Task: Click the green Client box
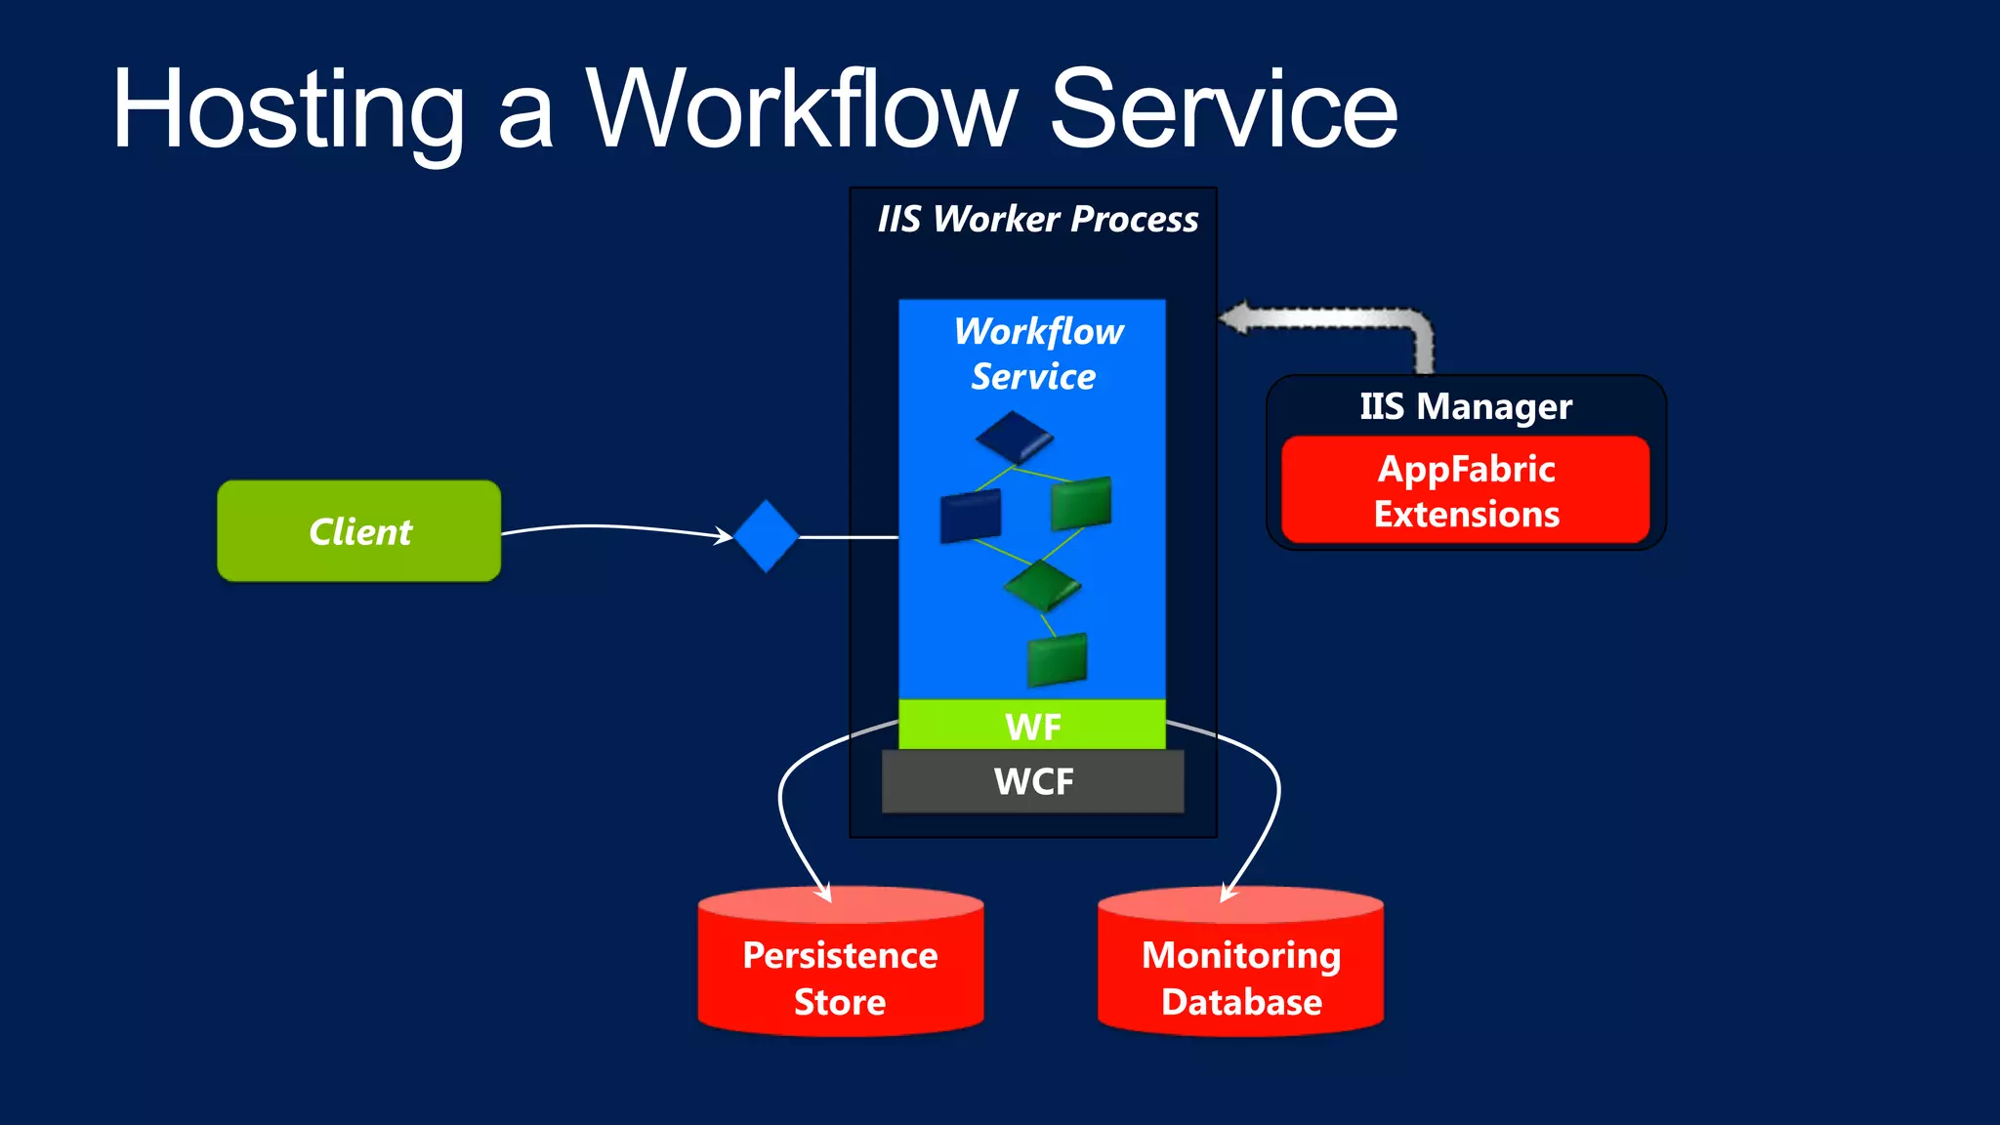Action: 358,531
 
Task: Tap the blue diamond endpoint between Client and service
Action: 767,536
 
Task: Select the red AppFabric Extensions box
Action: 1465,490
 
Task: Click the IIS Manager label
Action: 1465,406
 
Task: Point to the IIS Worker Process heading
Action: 1037,220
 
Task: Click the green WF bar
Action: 1032,726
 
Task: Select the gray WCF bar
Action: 1032,781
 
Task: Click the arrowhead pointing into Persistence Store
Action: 825,893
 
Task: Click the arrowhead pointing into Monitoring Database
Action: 1228,893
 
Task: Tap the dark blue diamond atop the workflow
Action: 1014,437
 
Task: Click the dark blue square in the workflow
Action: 970,516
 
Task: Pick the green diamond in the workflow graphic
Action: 1041,585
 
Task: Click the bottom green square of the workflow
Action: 1057,659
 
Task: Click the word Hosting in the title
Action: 288,109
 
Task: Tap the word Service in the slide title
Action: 1223,109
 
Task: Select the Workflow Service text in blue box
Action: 1037,354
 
